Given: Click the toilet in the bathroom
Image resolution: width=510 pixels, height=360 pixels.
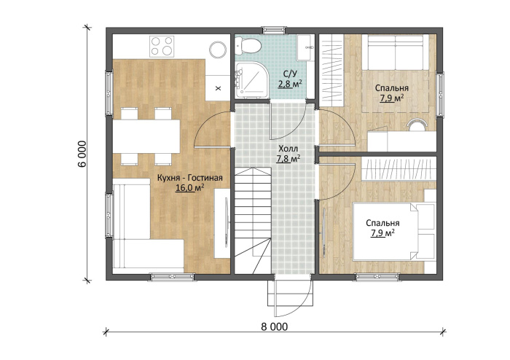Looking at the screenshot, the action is pos(247,45).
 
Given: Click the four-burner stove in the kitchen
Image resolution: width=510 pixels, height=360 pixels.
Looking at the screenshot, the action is pos(162,46).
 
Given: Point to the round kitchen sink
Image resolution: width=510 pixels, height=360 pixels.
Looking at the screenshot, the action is pos(218,50).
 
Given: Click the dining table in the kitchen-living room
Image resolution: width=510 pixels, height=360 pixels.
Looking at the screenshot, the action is pos(146,136).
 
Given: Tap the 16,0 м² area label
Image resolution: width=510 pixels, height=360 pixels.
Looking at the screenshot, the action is pos(190,187).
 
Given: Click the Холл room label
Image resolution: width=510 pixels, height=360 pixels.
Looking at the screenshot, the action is pos(288,149).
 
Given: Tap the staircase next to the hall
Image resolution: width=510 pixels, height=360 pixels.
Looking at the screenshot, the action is pos(253,221).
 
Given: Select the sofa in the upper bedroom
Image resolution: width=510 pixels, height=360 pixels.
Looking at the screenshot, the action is pos(395,52).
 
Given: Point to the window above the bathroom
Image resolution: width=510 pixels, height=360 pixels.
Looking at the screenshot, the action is pos(274,31).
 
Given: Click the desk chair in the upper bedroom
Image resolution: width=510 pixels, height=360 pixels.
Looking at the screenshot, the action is pos(417,125).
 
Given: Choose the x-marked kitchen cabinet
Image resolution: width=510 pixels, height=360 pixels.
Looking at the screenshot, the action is pos(218,87).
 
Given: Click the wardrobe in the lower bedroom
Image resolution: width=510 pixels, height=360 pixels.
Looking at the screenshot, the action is pos(399,168).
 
